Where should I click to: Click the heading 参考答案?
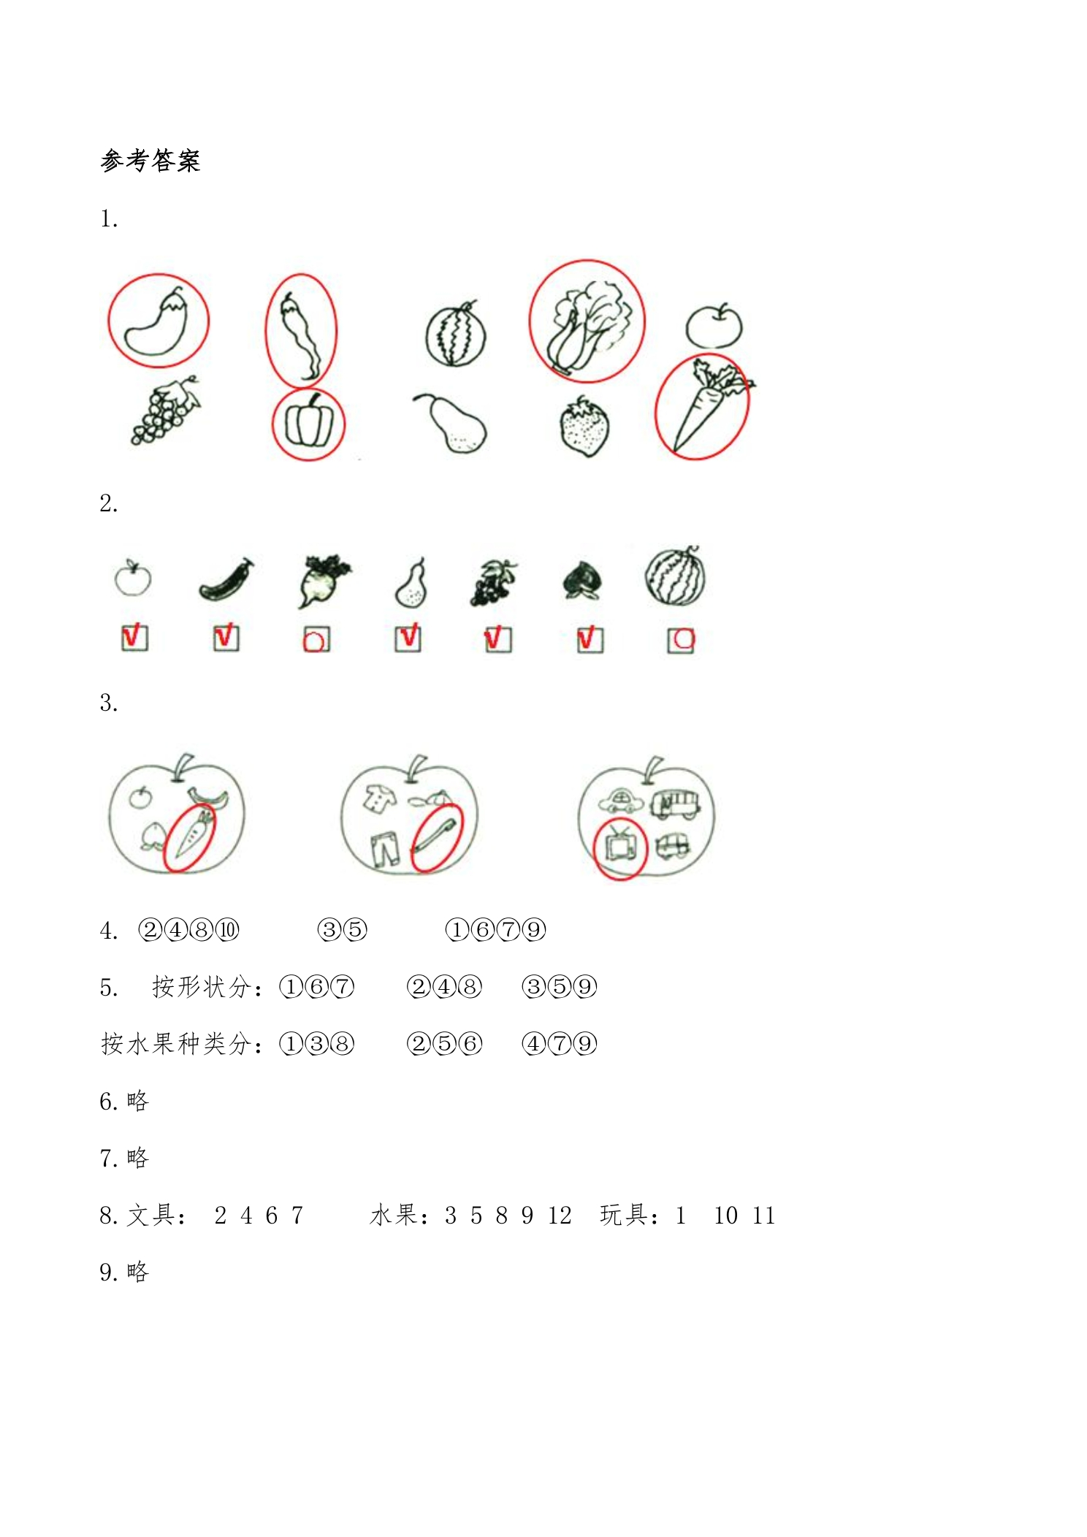(150, 160)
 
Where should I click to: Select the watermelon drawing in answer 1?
(456, 334)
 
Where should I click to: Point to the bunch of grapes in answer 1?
(165, 410)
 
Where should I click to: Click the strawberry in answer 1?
(584, 427)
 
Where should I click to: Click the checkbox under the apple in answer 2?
(134, 638)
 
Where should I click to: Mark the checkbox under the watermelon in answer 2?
(681, 640)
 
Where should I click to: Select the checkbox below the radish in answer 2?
(316, 639)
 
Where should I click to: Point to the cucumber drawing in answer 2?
(227, 580)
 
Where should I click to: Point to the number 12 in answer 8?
(560, 1216)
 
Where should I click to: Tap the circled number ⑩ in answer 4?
(227, 930)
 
